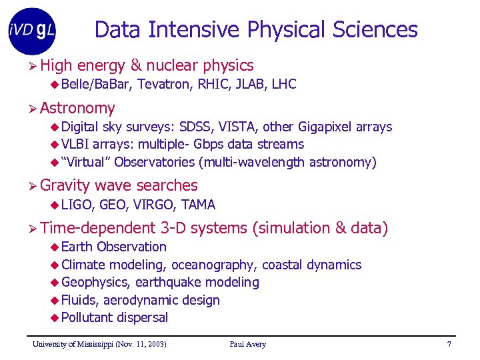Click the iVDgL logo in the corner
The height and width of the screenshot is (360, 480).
pos(32,31)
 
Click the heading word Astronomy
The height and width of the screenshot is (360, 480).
pos(77,108)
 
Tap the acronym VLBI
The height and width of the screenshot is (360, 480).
pos(75,144)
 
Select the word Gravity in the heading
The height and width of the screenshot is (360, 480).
pos(65,185)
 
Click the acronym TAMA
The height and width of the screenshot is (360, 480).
pos(198,205)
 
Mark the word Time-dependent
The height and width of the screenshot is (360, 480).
pos(97,228)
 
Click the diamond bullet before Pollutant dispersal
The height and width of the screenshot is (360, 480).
pos(55,317)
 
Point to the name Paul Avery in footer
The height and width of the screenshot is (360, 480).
pos(247,344)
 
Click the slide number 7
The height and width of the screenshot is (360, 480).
pos(449,344)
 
